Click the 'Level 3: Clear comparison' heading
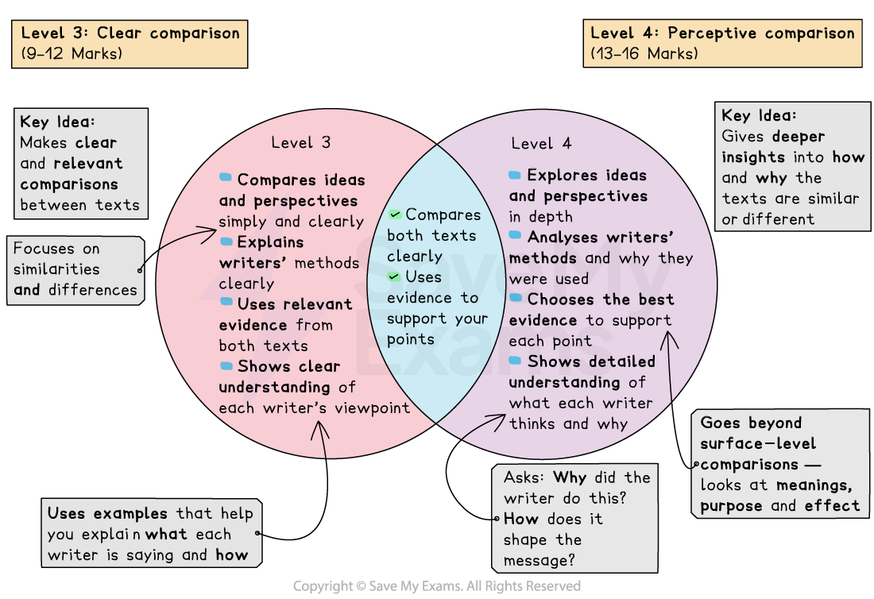coord(130,33)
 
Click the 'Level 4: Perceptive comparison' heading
coord(722,33)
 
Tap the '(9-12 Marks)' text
coord(72,54)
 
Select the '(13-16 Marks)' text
coord(644,54)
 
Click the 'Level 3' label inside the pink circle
coord(300,143)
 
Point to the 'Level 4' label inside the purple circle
coord(541,144)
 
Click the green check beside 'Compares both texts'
coord(395,214)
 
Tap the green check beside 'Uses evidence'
coord(395,276)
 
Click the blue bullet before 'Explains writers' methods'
coord(226,241)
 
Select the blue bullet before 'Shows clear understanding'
coord(226,365)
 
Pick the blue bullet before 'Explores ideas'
coord(516,175)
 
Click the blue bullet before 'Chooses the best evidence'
coord(516,299)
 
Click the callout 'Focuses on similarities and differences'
coord(75,270)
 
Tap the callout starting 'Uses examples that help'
coord(151,534)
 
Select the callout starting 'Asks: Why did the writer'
coord(576,518)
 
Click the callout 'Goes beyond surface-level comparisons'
coord(782,464)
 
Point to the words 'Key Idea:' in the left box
coord(57,122)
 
